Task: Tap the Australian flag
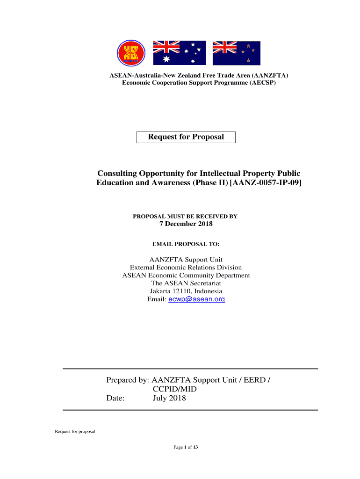pos(180,53)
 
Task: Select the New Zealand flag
pos(236,53)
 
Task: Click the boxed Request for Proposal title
pos(186,137)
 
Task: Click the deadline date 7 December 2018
pos(186,224)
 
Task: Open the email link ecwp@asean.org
pos(196,299)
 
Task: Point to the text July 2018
pos(169,399)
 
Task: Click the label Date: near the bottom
pos(115,399)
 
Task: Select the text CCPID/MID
pos(175,389)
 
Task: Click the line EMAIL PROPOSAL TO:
pos(186,244)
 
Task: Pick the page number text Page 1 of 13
pos(186,448)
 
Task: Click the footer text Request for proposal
pos(75,431)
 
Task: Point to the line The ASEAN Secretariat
pos(186,283)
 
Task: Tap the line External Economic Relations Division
pos(186,268)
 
